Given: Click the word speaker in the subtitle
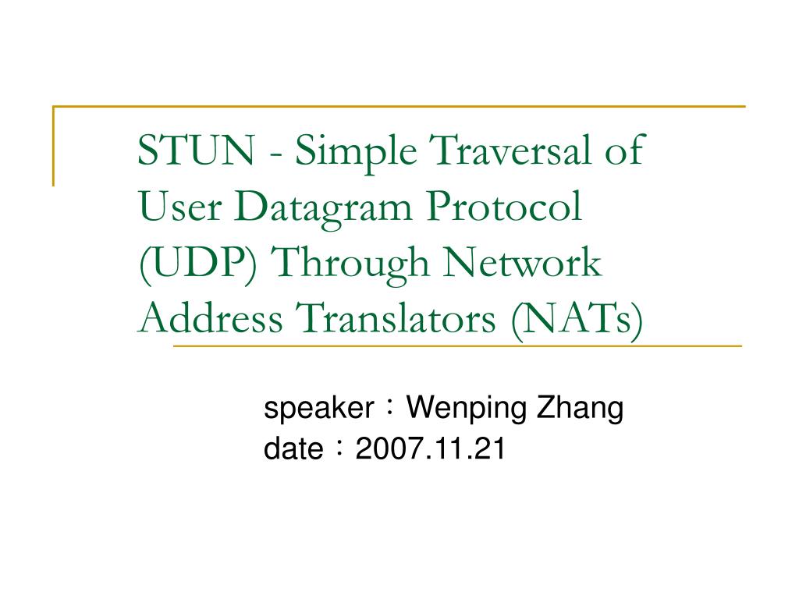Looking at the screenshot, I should [x=318, y=409].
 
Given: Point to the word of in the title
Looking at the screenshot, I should [x=624, y=151].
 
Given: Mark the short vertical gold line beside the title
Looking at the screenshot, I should [x=54, y=147].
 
